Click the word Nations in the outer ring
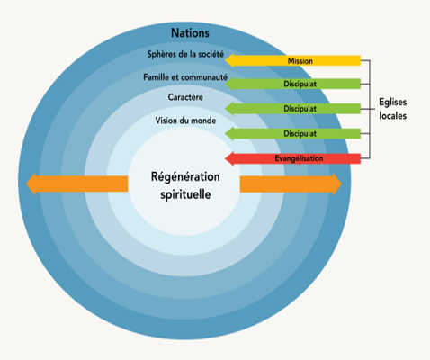pyautogui.click(x=190, y=33)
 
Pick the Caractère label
pyautogui.click(x=185, y=97)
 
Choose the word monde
pyautogui.click(x=203, y=121)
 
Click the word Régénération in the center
pyautogui.click(x=185, y=177)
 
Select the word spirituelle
pyautogui.click(x=185, y=194)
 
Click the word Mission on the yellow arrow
pyautogui.click(x=300, y=61)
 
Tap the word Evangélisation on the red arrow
pyautogui.click(x=299, y=158)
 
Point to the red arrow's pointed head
pyautogui.click(x=226, y=158)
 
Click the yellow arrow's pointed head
pyautogui.click(x=226, y=60)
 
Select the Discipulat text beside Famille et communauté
pyautogui.click(x=300, y=84)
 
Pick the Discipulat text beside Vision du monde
pyautogui.click(x=300, y=133)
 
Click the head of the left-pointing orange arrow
pyautogui.click(x=27, y=184)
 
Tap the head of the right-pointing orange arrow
pyautogui.click(x=341, y=184)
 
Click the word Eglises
pyautogui.click(x=393, y=103)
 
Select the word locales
pyautogui.click(x=393, y=116)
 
